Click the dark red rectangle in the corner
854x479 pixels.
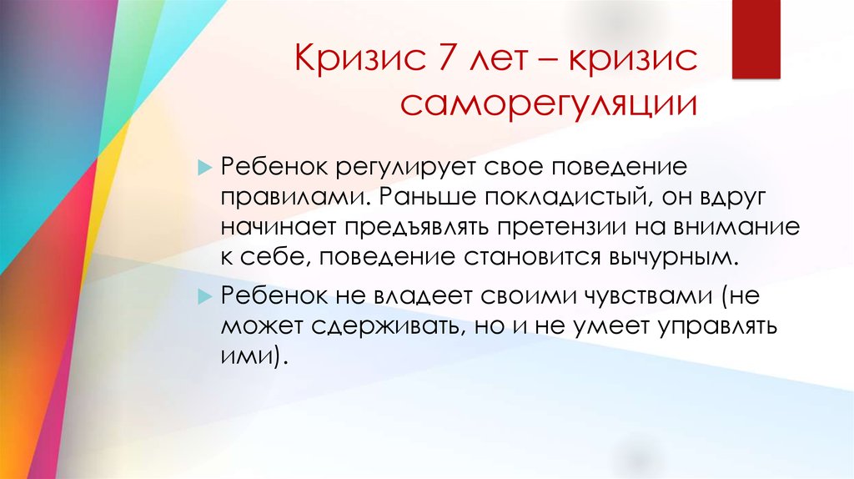tap(756, 39)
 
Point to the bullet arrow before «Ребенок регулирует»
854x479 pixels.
tap(204, 168)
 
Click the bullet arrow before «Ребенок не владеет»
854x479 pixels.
tap(204, 297)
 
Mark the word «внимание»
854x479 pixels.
tap(737, 227)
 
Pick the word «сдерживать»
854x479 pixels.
tap(389, 327)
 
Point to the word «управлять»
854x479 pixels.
tap(716, 327)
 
